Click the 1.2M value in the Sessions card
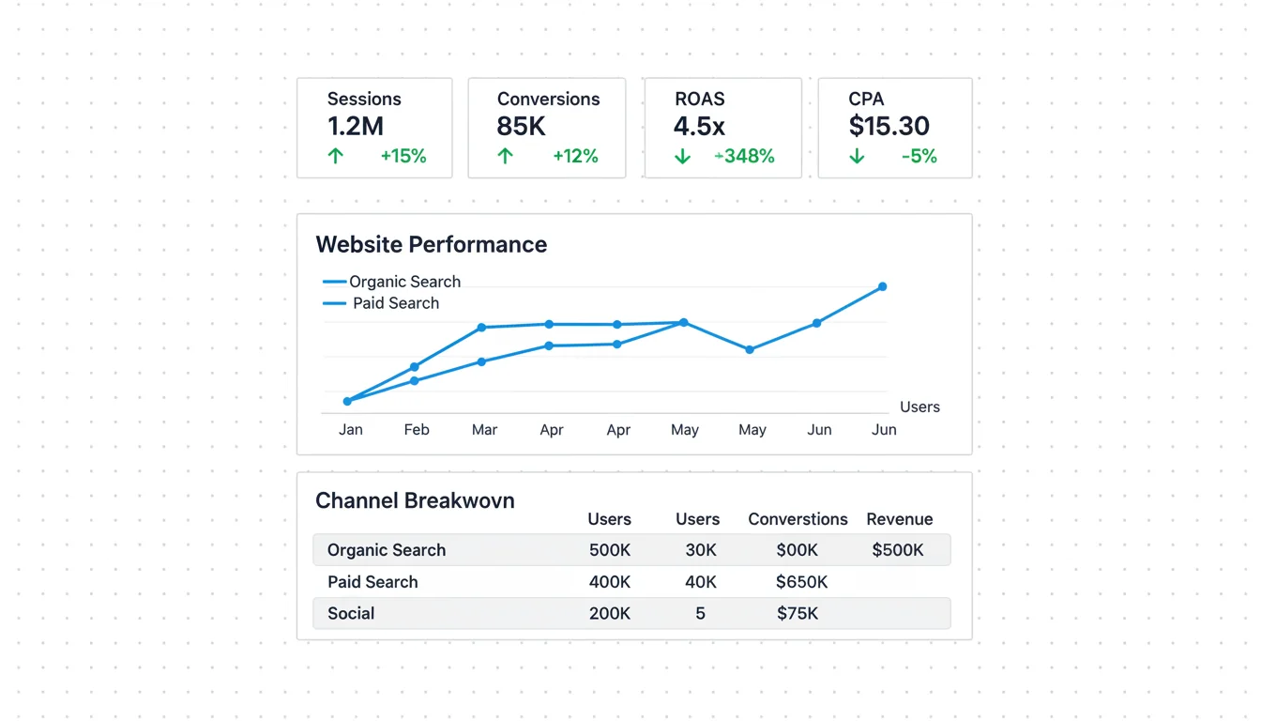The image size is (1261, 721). [x=355, y=126]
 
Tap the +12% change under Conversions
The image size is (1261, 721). [x=575, y=156]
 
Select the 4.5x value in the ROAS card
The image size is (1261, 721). [x=699, y=126]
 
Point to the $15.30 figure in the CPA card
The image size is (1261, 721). [x=889, y=126]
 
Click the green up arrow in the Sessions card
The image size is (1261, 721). [x=335, y=156]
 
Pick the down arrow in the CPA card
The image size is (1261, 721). [x=857, y=156]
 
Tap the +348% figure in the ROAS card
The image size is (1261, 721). [x=746, y=156]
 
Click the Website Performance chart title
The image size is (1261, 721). [x=431, y=244]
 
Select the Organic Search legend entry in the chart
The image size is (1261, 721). [x=404, y=282]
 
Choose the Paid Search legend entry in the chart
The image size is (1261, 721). [x=395, y=303]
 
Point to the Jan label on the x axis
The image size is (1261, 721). [x=350, y=430]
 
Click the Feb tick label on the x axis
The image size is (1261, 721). [x=417, y=430]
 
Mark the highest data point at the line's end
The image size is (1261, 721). [x=882, y=286]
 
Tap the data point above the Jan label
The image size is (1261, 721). [x=347, y=401]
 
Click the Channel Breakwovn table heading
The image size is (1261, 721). [x=415, y=500]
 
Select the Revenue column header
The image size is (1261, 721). [x=899, y=519]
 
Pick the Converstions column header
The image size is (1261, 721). [x=798, y=519]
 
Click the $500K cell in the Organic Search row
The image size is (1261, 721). [x=897, y=550]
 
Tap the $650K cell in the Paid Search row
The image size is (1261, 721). [x=801, y=582]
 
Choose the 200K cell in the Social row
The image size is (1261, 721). [x=609, y=614]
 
